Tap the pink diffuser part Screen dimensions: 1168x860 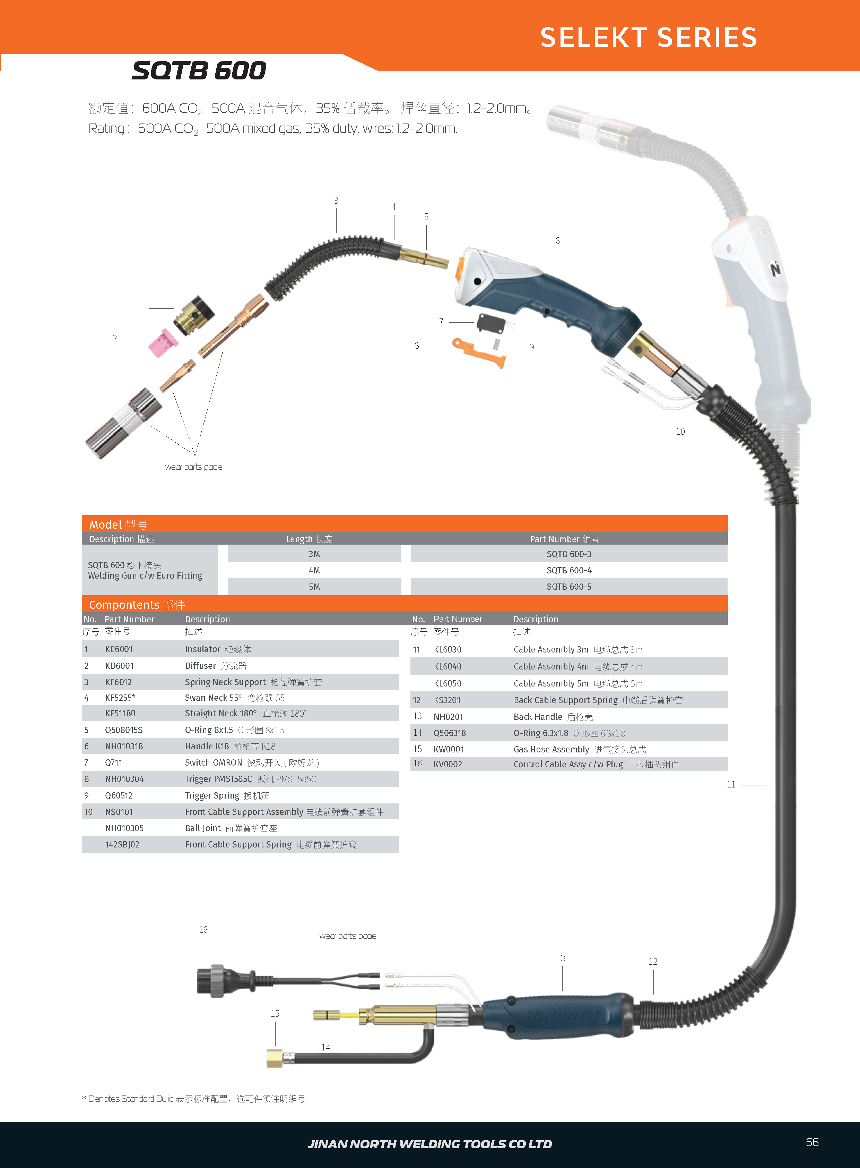coord(163,342)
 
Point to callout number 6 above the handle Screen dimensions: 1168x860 coord(557,241)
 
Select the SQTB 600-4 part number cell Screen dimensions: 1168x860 coord(568,570)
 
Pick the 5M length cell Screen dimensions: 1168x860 coord(314,587)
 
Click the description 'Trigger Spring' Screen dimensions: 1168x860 coord(212,795)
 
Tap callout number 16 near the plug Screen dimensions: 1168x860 coord(203,930)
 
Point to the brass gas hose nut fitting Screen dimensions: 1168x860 coord(274,1058)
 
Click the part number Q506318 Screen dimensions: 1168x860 coord(450,733)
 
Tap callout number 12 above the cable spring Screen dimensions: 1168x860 coord(653,962)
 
